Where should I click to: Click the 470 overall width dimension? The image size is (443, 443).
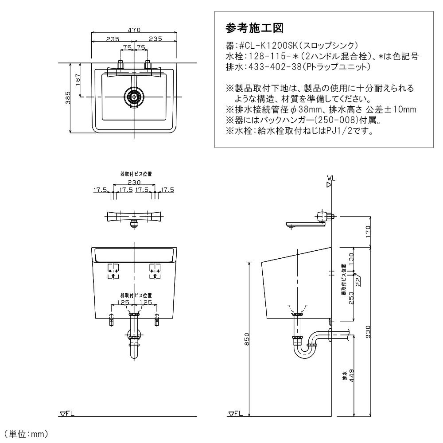pyautogui.click(x=134, y=30)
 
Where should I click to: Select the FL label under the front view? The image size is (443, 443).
pyautogui.click(x=67, y=413)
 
